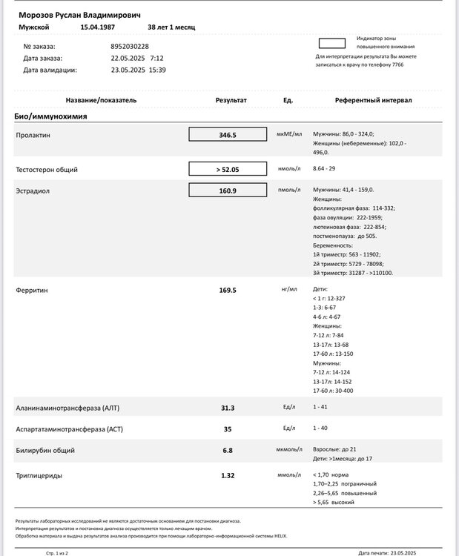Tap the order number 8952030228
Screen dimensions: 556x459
click(130, 46)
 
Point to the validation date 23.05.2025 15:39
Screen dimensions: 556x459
click(138, 70)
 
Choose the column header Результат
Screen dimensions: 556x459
click(231, 100)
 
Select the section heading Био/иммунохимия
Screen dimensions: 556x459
click(50, 117)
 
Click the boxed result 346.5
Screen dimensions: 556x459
click(227, 135)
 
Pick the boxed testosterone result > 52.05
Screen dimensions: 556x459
click(227, 169)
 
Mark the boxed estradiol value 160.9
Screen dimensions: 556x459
click(227, 191)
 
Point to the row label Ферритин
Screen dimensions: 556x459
click(32, 290)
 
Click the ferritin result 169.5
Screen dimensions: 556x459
click(228, 290)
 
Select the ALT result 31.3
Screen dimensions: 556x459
click(228, 408)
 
